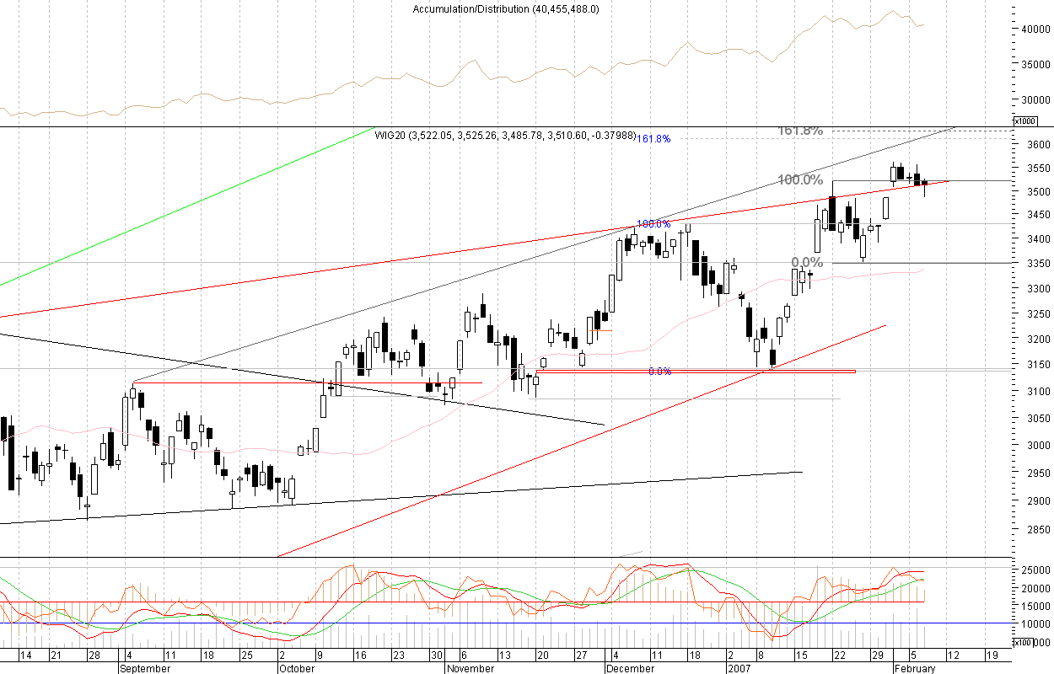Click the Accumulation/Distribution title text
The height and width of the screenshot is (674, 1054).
[506, 9]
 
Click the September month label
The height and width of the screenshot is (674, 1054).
[144, 668]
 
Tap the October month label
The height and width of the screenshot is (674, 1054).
[296, 668]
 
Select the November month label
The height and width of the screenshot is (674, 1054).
[471, 668]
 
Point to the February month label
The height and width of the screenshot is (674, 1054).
[915, 668]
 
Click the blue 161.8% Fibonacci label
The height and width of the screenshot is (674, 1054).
[653, 139]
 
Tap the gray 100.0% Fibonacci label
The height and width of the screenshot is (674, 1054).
[799, 180]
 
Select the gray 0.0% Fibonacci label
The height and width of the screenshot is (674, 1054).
[807, 263]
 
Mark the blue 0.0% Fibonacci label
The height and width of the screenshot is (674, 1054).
[659, 371]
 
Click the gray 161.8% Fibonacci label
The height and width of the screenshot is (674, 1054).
[799, 131]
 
